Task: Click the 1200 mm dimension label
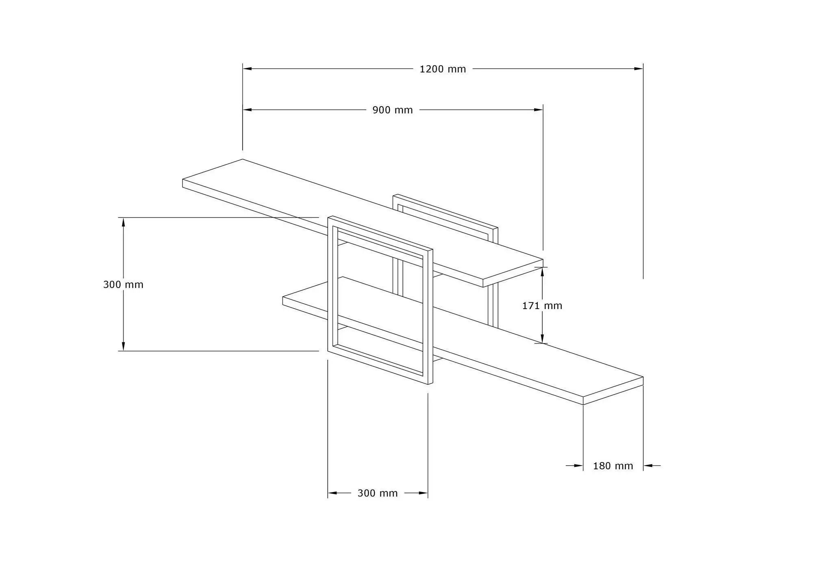click(443, 69)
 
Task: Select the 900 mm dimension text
click(393, 110)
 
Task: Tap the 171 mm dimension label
click(542, 305)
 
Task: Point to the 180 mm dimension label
click(613, 466)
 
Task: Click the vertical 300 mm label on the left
click(123, 284)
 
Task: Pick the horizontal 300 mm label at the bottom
click(378, 493)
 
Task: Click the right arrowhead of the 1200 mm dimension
click(639, 69)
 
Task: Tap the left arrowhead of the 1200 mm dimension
click(247, 69)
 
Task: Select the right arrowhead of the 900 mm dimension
click(539, 109)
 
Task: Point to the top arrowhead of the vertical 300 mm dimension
click(124, 222)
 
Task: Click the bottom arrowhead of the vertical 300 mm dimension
click(124, 346)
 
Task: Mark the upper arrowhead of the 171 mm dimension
click(542, 272)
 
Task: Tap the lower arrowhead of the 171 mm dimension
click(542, 339)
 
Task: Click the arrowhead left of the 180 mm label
click(578, 466)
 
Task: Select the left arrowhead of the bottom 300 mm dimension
click(333, 493)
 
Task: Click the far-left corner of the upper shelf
click(183, 179)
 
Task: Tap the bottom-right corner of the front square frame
click(432, 384)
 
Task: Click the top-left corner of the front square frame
click(328, 217)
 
